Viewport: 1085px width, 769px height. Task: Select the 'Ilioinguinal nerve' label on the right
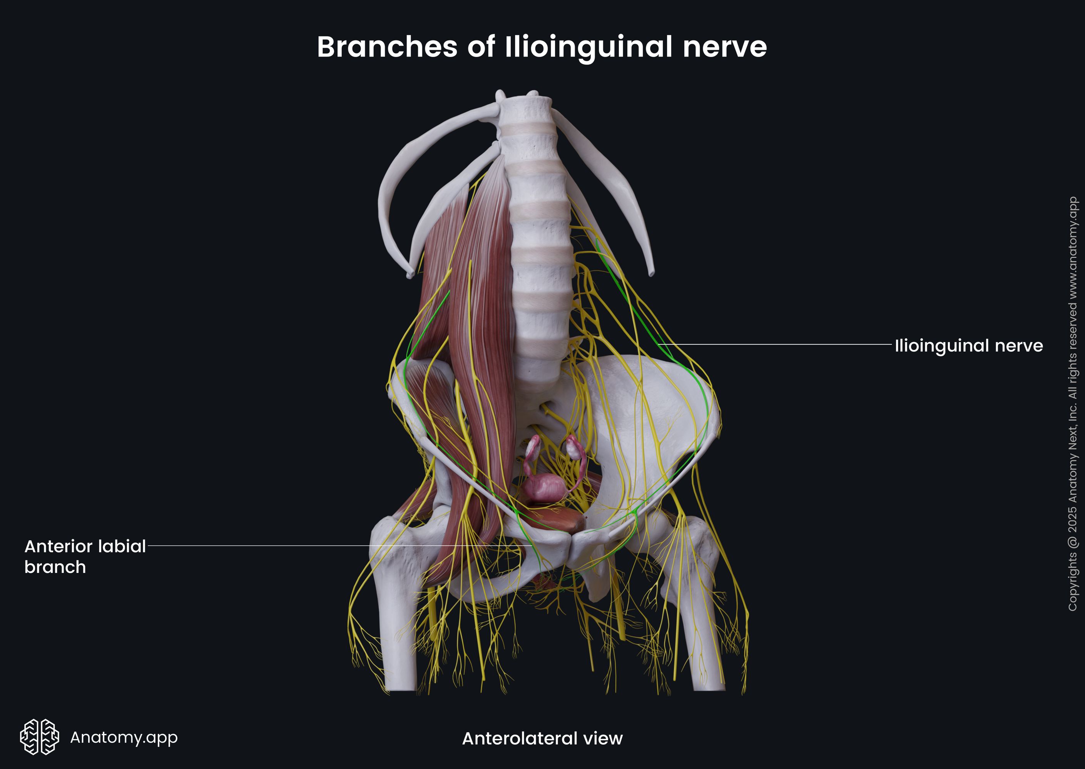click(968, 346)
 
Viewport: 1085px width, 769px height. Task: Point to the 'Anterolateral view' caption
click(542, 738)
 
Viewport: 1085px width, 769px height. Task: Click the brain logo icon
click(39, 737)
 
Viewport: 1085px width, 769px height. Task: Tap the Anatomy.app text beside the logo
click(124, 737)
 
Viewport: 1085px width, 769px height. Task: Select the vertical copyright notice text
click(1072, 403)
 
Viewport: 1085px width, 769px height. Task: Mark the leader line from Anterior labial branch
click(332, 546)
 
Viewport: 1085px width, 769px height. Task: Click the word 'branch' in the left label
click(55, 567)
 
